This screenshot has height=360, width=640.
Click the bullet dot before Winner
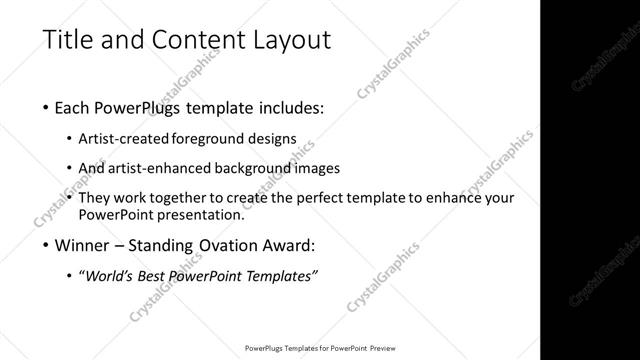[x=48, y=245]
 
